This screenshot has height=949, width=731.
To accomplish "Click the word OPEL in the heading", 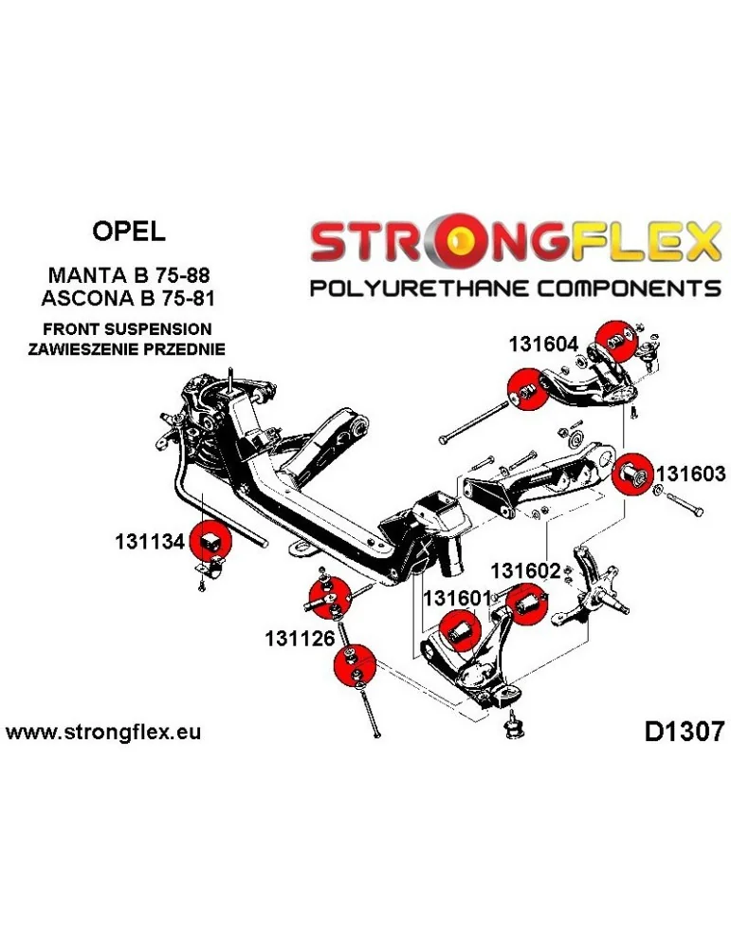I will tap(128, 231).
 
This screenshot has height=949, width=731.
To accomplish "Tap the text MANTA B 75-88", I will tap(128, 274).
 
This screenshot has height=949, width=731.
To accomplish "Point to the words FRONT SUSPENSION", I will tap(128, 328).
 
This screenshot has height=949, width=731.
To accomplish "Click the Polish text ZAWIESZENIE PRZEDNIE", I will tap(128, 348).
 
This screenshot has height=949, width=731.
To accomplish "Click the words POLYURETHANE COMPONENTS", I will tap(516, 288).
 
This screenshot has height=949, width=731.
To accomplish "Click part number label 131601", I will tap(456, 599).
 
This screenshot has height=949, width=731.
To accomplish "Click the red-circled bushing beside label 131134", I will tap(210, 542).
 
